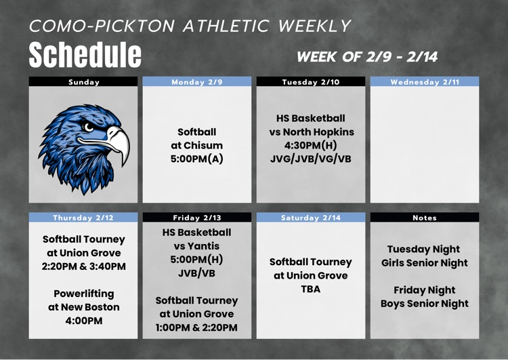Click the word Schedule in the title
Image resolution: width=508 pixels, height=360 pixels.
(x=85, y=54)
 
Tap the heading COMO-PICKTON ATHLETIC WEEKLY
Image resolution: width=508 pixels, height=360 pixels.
(x=190, y=26)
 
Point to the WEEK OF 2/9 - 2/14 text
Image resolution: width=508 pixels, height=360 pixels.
(x=367, y=57)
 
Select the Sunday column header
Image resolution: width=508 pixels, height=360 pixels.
(x=84, y=82)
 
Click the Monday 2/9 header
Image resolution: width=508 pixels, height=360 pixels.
(x=197, y=82)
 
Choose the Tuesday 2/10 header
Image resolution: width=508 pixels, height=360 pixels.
(x=311, y=82)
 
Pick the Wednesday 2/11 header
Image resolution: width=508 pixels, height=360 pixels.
(x=425, y=82)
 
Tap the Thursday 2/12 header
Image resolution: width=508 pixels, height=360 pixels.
(x=84, y=218)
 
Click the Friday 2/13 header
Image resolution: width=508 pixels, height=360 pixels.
(x=197, y=218)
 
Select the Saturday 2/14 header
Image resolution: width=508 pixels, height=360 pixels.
(x=311, y=218)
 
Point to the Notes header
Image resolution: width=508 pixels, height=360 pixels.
(x=425, y=218)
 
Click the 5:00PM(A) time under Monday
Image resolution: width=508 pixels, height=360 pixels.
(x=197, y=159)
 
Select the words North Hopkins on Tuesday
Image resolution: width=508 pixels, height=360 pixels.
(x=321, y=132)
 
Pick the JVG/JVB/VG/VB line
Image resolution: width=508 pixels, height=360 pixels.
(x=311, y=159)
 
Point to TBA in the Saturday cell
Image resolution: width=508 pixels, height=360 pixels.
(x=311, y=289)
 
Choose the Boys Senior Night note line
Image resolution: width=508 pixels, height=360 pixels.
(x=425, y=304)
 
